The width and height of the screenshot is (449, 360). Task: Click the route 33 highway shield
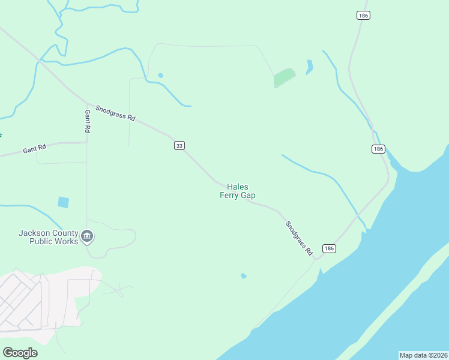(179, 145)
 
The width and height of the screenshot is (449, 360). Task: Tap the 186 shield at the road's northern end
(363, 16)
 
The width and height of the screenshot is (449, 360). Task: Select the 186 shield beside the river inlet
(378, 149)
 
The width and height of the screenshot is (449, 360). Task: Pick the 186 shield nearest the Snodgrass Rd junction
(328, 248)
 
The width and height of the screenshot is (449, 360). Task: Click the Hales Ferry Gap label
(237, 191)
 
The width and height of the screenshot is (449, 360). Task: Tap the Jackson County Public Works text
(48, 237)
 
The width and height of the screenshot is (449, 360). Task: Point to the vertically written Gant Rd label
(88, 121)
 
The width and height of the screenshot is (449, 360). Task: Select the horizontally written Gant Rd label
(34, 148)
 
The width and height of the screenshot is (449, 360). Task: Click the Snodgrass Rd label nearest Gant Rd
(115, 113)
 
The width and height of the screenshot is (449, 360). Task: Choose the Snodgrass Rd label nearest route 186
(299, 239)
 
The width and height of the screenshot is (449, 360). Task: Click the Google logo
(20, 353)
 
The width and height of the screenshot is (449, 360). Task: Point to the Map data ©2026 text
(423, 355)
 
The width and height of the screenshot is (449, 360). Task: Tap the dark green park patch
(285, 77)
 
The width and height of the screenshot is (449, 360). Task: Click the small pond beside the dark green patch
(309, 67)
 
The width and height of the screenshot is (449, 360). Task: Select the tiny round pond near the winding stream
(160, 75)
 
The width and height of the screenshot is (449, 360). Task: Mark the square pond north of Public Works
(63, 202)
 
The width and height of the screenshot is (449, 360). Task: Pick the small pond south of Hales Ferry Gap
(243, 276)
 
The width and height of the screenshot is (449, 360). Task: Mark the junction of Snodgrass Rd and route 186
(314, 257)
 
